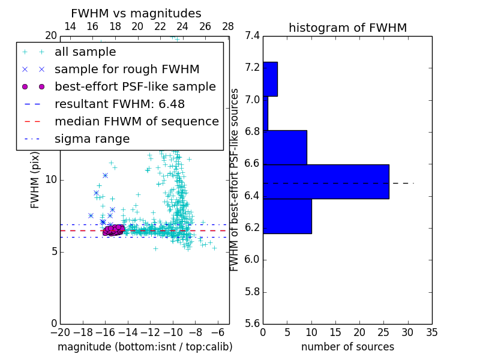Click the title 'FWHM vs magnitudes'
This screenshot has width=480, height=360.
[136, 13]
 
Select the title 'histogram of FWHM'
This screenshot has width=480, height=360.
[347, 28]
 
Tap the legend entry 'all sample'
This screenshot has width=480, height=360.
[85, 52]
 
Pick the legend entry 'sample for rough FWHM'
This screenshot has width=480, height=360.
[127, 70]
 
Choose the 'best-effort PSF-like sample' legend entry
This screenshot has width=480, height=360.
[135, 87]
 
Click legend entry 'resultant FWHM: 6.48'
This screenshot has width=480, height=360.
[119, 104]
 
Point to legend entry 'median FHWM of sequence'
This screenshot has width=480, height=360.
[136, 122]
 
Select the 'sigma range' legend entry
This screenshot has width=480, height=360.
[92, 139]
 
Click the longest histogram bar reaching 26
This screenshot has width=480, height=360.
[326, 181]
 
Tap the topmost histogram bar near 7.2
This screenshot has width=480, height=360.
[270, 79]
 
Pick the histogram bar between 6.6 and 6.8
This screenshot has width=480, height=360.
[285, 147]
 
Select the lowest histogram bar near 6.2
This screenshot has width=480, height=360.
[287, 216]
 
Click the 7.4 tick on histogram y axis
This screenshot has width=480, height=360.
[253, 36]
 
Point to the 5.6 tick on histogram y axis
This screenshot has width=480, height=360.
[253, 324]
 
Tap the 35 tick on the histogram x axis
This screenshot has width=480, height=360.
[431, 332]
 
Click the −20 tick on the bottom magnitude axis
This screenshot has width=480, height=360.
[60, 332]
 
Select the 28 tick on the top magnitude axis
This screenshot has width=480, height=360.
[228, 26]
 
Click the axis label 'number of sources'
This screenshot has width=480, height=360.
[347, 347]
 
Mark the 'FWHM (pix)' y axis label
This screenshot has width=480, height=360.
[35, 179]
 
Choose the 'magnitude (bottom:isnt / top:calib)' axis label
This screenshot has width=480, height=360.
[145, 347]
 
